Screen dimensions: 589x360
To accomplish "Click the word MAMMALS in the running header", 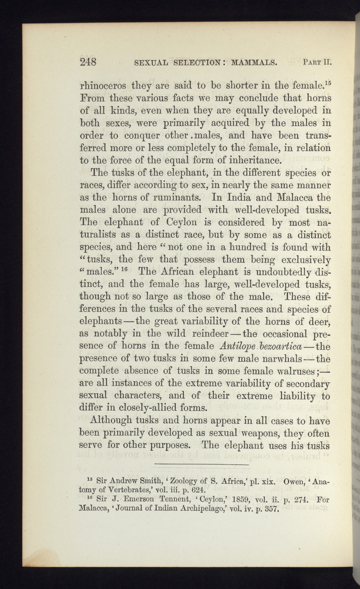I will point(254,62).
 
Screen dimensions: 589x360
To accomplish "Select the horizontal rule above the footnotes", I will point(202,464).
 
